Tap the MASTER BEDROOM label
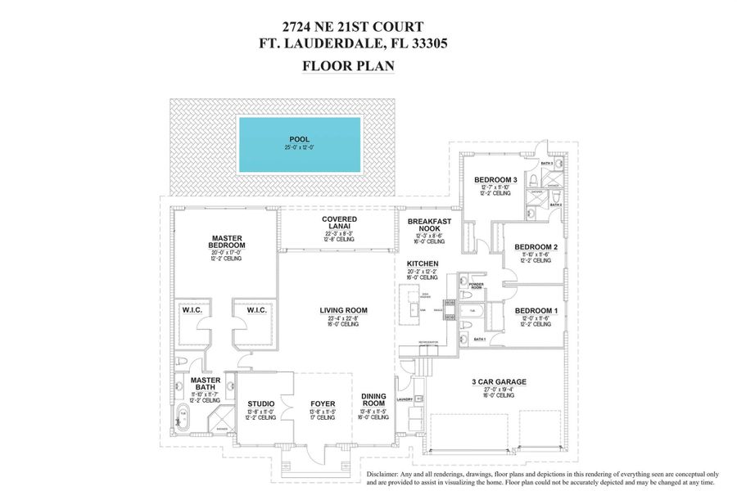[227, 242]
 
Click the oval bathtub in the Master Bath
[183, 418]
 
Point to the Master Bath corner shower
[219, 422]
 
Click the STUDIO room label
[260, 403]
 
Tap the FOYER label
[323, 403]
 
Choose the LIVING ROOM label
[343, 310]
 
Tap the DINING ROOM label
[373, 400]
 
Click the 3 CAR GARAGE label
[498, 381]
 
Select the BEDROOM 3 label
[495, 180]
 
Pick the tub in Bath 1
[473, 311]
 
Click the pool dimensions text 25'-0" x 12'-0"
[299, 148]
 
